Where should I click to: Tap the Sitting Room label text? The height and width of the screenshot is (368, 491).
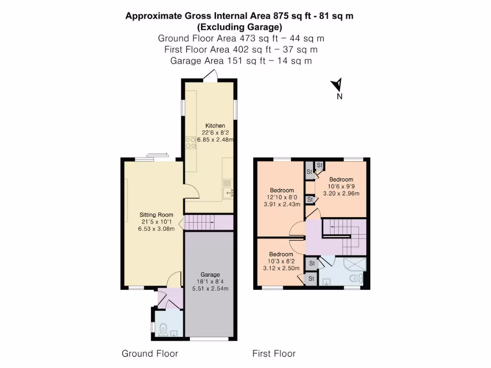click(x=156, y=215)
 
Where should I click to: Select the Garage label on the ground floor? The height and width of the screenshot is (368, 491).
click(x=210, y=275)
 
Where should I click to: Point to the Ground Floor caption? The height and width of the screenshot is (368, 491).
click(x=150, y=354)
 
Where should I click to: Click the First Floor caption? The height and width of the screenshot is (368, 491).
click(x=274, y=354)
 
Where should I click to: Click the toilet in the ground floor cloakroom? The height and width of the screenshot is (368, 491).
click(x=163, y=329)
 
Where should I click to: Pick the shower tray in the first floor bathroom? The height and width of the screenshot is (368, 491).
click(x=356, y=265)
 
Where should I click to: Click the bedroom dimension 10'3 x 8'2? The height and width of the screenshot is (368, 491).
click(x=281, y=261)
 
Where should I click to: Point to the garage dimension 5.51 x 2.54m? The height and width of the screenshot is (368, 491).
click(x=210, y=288)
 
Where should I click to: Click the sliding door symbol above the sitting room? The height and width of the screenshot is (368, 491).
click(x=158, y=154)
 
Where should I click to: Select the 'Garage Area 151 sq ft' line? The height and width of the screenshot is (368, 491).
click(x=241, y=60)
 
